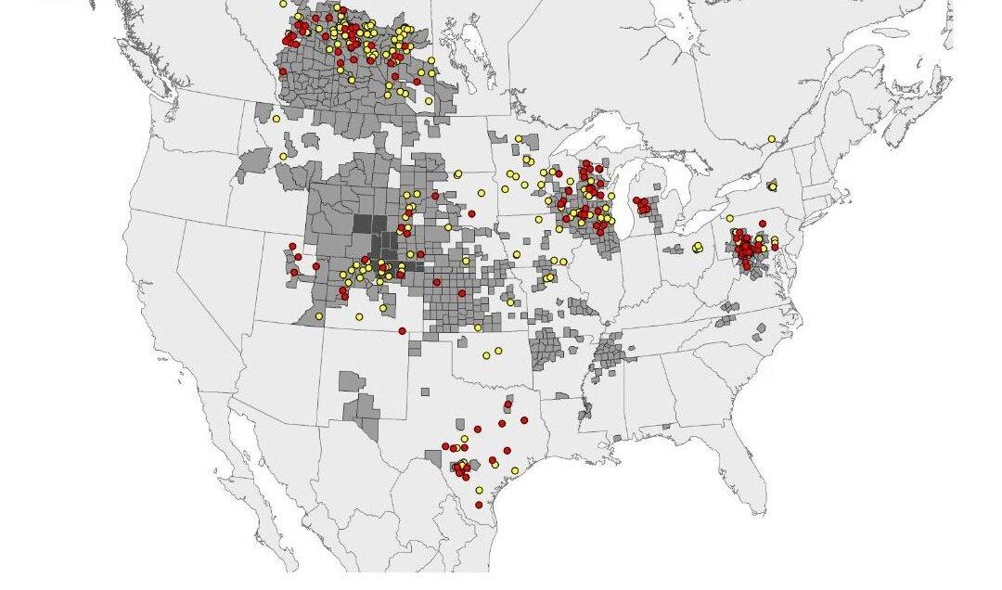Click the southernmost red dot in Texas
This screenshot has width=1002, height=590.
pos(479,505)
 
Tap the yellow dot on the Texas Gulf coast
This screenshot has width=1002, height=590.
pos(515,471)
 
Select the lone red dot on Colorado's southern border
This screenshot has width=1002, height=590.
pos(402,331)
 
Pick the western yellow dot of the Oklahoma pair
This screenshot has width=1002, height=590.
pos(486,355)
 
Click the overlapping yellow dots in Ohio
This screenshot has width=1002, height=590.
pos(697,247)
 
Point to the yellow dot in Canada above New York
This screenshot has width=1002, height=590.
pos(771,139)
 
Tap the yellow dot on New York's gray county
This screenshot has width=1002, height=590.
pos(772,186)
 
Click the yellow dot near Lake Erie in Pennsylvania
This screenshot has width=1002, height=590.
pos(730,219)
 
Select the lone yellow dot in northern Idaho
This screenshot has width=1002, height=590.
pos(283,157)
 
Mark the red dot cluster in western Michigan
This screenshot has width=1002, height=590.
pos(641,203)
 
